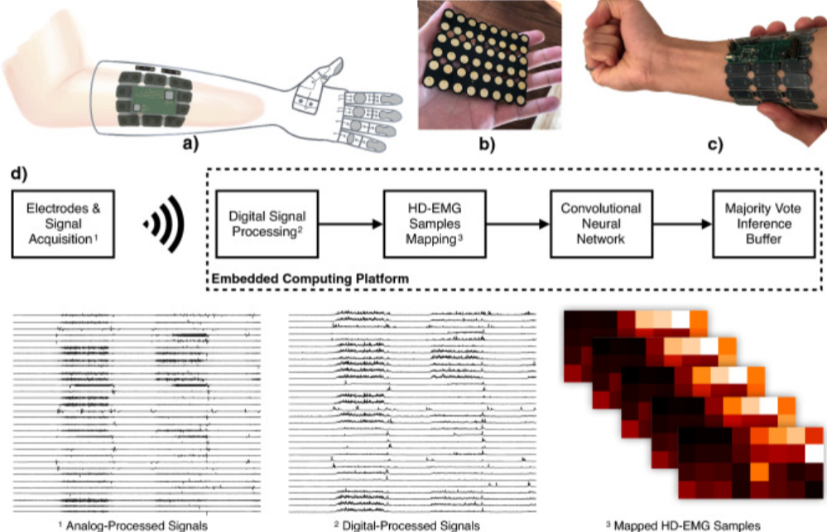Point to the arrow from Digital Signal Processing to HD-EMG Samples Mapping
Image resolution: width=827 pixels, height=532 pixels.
click(x=351, y=224)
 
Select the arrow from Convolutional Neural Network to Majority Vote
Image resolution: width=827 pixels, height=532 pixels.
click(x=682, y=224)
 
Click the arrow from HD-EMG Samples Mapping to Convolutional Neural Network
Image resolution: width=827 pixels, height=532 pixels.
click(x=518, y=224)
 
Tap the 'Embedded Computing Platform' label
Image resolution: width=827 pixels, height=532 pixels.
click(x=310, y=278)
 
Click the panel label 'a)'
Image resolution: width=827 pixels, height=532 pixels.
click(x=190, y=143)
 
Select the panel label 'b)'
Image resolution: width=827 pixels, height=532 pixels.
click(x=487, y=143)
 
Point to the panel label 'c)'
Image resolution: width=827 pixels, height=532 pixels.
click(x=714, y=143)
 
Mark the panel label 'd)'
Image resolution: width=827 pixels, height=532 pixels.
click(x=19, y=174)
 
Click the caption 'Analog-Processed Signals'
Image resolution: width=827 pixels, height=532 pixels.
click(x=137, y=525)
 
